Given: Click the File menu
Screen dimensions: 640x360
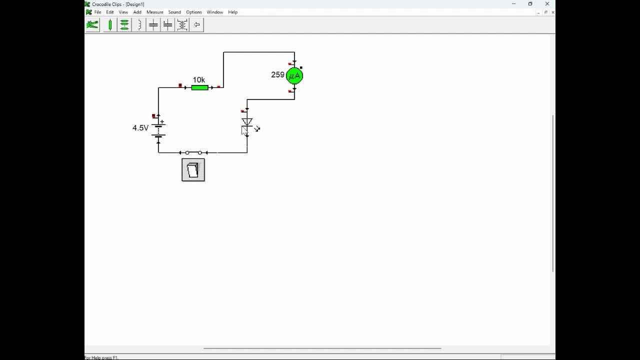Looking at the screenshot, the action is (97, 12).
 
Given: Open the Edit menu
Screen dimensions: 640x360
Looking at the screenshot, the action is (109, 12).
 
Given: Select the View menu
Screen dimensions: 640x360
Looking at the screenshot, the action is (123, 12).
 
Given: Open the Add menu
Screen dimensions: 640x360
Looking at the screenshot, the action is (137, 12).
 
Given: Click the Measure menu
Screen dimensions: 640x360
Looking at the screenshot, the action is (155, 12).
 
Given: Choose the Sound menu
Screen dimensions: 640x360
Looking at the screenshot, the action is (174, 12).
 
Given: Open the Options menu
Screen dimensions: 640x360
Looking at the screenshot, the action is (194, 12).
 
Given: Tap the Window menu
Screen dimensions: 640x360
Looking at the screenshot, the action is (215, 12).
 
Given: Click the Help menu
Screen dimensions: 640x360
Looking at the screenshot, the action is (233, 12).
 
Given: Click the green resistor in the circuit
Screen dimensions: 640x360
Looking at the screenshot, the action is (199, 87).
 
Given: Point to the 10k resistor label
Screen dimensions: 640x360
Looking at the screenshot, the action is (199, 79).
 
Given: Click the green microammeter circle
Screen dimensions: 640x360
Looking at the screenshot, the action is (294, 76).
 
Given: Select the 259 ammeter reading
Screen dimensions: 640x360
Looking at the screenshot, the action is (277, 75).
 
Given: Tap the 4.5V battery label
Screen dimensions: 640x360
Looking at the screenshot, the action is (140, 127).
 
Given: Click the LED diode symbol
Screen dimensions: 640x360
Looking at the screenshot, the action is (247, 122).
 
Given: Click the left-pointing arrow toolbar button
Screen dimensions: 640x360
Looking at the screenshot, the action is (196, 25).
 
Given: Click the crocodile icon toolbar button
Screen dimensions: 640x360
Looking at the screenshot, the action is (92, 25).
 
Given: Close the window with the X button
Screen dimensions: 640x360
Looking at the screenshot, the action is (547, 3).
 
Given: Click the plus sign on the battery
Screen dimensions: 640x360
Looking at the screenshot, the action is (162, 122).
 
